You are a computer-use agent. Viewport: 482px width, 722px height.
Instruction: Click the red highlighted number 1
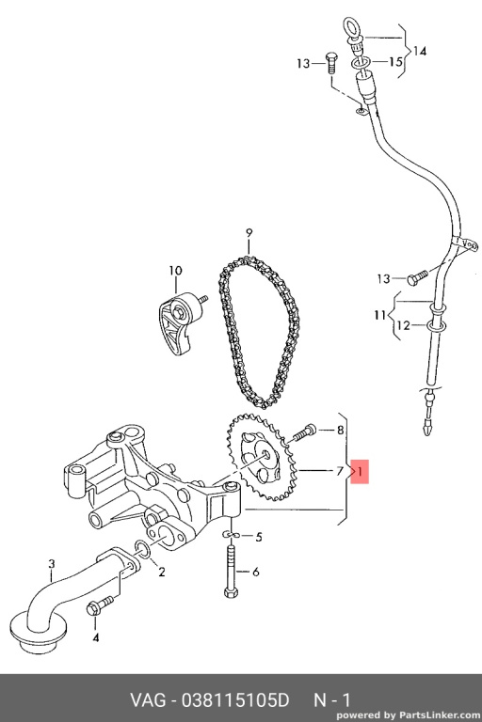360,471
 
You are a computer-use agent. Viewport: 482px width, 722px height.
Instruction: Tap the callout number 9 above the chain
249,232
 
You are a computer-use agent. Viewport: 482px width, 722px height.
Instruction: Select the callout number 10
175,271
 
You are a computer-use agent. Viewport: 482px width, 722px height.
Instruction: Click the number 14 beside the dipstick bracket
420,51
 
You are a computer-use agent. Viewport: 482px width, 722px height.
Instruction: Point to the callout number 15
396,61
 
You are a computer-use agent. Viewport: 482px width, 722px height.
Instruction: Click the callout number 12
403,325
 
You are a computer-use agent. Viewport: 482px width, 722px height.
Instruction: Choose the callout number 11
380,316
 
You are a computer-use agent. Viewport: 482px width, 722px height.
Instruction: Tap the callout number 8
341,430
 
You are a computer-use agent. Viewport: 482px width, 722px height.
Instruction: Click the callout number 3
52,563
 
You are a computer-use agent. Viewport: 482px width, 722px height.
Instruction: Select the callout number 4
95,637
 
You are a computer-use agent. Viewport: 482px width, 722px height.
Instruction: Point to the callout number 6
255,572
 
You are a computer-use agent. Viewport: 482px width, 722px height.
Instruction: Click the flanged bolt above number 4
99,605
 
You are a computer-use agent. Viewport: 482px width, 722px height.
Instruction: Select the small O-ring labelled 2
142,549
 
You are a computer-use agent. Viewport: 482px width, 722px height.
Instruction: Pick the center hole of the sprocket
265,454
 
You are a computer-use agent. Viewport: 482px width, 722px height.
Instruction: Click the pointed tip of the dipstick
426,431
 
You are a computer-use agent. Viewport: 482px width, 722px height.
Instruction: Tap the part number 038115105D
235,700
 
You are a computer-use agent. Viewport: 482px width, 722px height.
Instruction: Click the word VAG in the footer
148,700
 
